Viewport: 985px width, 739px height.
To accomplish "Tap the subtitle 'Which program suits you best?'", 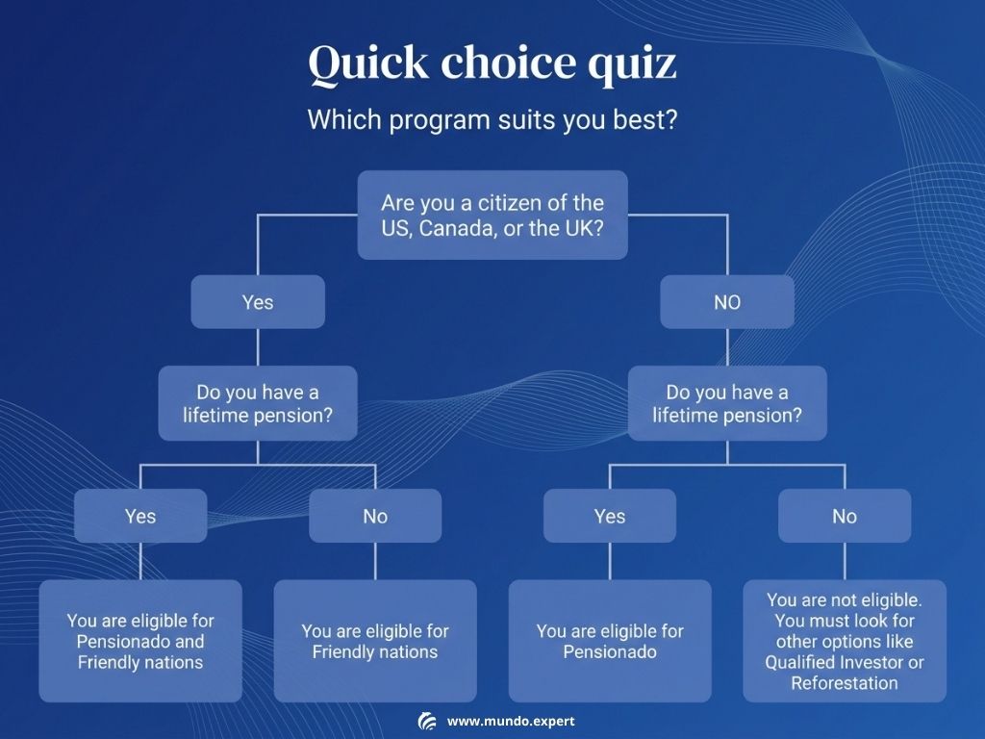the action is tap(492, 119).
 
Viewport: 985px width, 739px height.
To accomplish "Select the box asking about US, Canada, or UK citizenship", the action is tap(492, 215).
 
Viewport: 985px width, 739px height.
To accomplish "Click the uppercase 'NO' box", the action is tap(727, 301).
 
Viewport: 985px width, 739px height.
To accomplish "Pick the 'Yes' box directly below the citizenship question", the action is tap(258, 301).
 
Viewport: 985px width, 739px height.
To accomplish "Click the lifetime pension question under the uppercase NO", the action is tap(727, 403).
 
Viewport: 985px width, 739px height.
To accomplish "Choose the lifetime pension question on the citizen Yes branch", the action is tap(258, 403).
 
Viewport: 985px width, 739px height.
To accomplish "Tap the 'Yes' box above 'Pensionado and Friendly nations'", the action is tap(140, 516).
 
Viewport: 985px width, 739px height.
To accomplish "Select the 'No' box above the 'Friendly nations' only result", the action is tap(375, 516).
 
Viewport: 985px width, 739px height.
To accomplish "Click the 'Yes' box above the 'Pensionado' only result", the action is tap(610, 516).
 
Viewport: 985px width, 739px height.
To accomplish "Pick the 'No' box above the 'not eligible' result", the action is tap(845, 516).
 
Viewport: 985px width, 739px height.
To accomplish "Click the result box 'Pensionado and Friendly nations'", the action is tap(140, 641).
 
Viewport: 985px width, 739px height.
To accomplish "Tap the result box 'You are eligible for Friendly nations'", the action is tap(375, 641).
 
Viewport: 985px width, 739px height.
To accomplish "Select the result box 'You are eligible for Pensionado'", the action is tap(610, 641).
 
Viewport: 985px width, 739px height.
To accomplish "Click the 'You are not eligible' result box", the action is tap(845, 641).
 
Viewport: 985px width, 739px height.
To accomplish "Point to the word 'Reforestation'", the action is tap(845, 683).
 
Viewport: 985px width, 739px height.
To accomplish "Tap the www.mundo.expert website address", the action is tap(511, 722).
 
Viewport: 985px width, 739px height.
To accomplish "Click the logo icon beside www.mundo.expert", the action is tap(427, 722).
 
